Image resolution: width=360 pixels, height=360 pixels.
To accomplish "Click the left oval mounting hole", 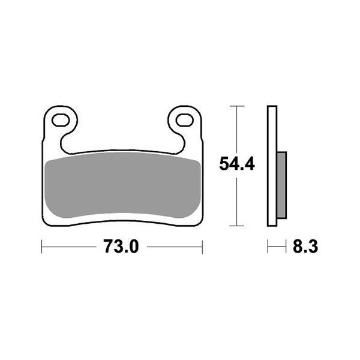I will (x=61, y=120).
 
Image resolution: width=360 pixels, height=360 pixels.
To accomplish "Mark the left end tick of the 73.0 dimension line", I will (x=41, y=246).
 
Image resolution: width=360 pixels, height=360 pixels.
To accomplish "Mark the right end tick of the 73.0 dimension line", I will (x=202, y=246).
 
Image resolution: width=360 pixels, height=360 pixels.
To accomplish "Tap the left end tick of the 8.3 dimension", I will (x=268, y=246).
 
